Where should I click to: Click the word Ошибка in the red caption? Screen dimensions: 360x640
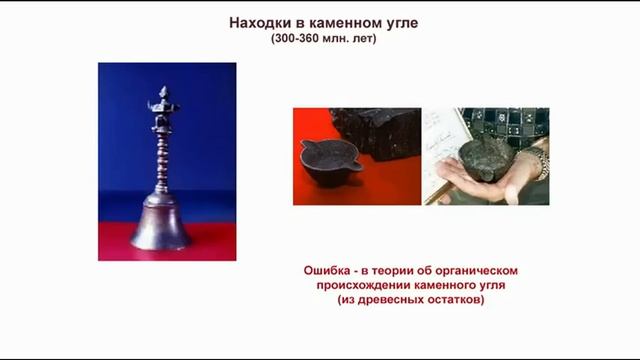[x=331, y=271]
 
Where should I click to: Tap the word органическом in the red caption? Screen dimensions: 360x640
[x=485, y=271]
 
